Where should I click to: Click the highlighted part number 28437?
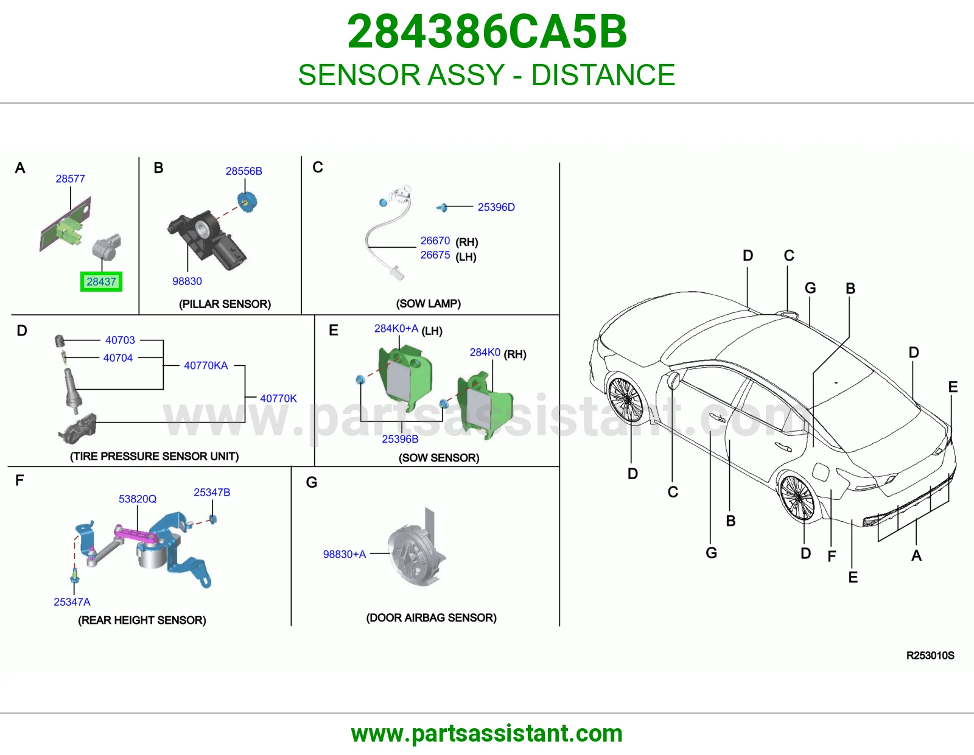(x=101, y=281)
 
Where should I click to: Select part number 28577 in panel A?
(x=71, y=178)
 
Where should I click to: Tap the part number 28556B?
(x=244, y=171)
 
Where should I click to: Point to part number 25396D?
(x=496, y=206)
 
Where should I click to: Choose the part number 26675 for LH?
(x=435, y=255)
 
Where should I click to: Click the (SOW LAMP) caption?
(x=429, y=304)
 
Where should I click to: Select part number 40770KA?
(x=206, y=365)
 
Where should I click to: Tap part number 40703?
(x=120, y=340)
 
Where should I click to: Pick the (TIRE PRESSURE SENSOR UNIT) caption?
(x=154, y=456)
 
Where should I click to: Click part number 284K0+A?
(x=396, y=328)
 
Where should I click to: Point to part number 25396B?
(x=401, y=439)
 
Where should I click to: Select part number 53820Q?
(x=138, y=499)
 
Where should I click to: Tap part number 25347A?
(x=72, y=602)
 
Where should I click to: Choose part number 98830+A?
(x=345, y=554)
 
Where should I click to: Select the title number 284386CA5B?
(x=487, y=32)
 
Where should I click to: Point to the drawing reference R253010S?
(x=930, y=656)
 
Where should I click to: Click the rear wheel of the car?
(x=798, y=497)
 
